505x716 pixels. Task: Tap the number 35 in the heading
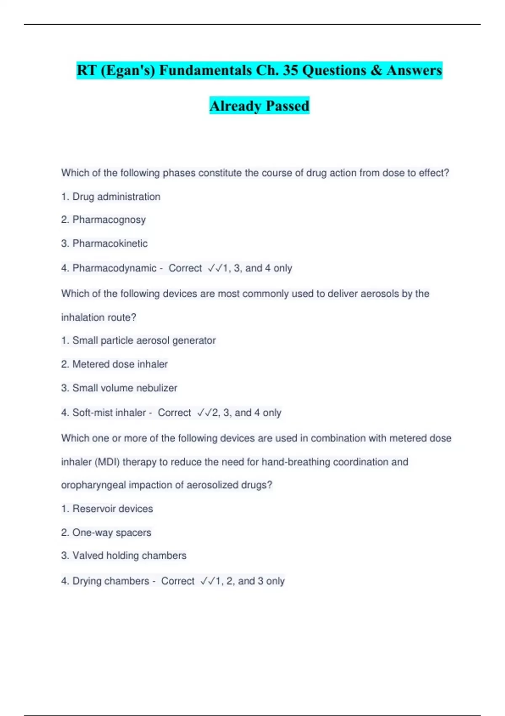tap(290, 70)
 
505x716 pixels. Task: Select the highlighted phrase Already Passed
tap(259, 105)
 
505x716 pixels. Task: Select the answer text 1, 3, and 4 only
tap(258, 268)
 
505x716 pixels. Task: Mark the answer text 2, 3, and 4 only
tap(247, 413)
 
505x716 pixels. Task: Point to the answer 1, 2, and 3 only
tap(250, 581)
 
